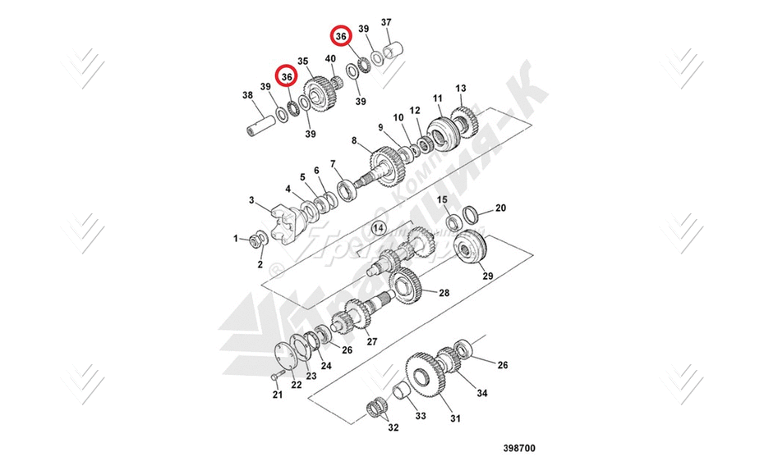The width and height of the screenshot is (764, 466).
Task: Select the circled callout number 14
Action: coord(379,226)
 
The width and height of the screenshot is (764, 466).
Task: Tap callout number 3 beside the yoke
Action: coord(252,199)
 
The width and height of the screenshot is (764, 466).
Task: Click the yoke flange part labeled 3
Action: coord(283,224)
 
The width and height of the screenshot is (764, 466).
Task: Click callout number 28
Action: coord(444,293)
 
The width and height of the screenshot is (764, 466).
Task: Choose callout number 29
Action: coord(487,276)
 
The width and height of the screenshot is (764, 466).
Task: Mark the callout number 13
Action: coord(461,88)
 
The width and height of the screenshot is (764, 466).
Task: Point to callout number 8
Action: coord(354,141)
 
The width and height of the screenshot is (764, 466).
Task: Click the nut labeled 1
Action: coord(256,240)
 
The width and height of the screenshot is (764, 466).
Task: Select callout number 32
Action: coord(393,427)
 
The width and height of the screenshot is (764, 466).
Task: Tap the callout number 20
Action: coord(500,208)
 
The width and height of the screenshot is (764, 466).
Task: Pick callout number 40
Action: coord(330,59)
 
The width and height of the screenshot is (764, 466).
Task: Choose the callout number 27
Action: coord(372,341)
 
